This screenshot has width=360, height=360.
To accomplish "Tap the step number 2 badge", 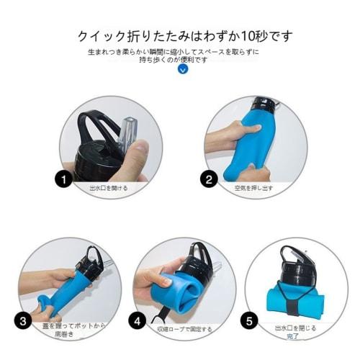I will click(210, 180).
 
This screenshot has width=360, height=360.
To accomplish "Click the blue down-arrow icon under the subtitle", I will click(182, 70).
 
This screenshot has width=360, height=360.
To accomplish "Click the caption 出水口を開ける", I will click(108, 187).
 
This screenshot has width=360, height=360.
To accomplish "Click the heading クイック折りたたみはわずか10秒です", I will click(186, 36).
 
